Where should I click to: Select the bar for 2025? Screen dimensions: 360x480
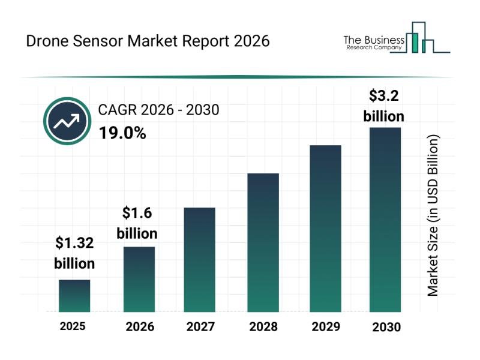coord(74,296)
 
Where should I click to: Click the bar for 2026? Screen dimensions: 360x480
coord(139,279)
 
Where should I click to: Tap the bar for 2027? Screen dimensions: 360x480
coord(199,259)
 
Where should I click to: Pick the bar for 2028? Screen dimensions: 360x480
coord(263,242)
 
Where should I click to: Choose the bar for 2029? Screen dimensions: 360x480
coord(325,228)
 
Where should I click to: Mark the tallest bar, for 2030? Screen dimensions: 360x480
coord(385,219)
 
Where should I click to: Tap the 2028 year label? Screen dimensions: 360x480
coord(263,327)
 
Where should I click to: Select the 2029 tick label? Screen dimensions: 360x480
coord(325,327)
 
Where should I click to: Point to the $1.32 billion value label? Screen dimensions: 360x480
coord(75,253)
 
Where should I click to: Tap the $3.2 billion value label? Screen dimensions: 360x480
coord(384,106)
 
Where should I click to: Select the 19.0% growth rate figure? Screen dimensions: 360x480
coord(122,133)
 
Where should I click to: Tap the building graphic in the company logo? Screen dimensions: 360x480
coord(420,37)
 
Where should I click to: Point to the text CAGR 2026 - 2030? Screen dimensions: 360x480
coord(158,110)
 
